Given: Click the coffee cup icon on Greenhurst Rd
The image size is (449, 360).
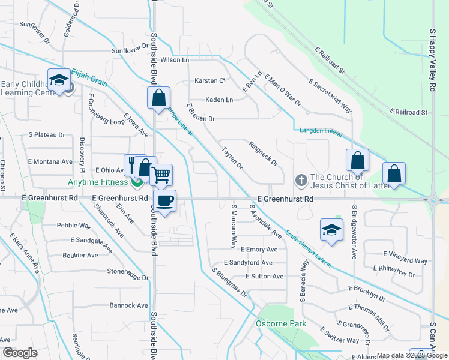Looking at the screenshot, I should (164, 200).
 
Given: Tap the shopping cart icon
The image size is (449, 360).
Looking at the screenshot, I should (161, 175).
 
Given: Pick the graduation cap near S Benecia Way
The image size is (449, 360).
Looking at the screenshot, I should (331, 229).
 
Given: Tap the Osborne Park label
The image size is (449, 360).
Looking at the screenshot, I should (281, 324).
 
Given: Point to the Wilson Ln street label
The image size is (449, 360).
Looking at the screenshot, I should (175, 60).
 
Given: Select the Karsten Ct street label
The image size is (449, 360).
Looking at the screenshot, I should (210, 80).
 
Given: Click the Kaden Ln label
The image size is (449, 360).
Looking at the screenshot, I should (219, 100).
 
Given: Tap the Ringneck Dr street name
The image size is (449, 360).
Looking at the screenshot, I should (264, 153).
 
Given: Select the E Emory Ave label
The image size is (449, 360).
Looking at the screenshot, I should (258, 249).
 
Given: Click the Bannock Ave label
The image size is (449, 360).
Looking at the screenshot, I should (128, 305).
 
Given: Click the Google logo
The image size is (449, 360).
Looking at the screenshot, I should (19, 353).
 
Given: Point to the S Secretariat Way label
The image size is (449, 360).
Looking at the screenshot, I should (330, 96).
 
